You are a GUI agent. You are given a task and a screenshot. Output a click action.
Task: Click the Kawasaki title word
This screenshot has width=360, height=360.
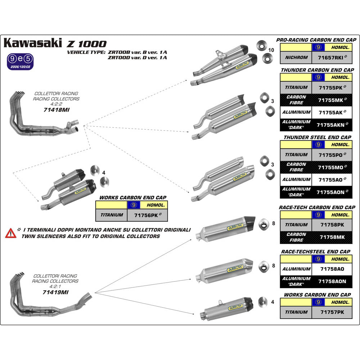pos(33,43)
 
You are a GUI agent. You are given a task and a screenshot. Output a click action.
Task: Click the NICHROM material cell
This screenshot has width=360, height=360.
pos(296,57)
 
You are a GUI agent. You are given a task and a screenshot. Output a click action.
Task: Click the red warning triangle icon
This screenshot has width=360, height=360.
pos(11,233)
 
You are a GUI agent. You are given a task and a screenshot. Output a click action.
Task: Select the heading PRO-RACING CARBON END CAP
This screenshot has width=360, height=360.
pos(316,40)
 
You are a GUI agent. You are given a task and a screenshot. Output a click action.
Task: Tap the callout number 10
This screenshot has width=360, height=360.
pos(271,50)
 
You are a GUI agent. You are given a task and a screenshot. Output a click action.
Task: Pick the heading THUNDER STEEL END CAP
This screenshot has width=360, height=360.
pos(317,137)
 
